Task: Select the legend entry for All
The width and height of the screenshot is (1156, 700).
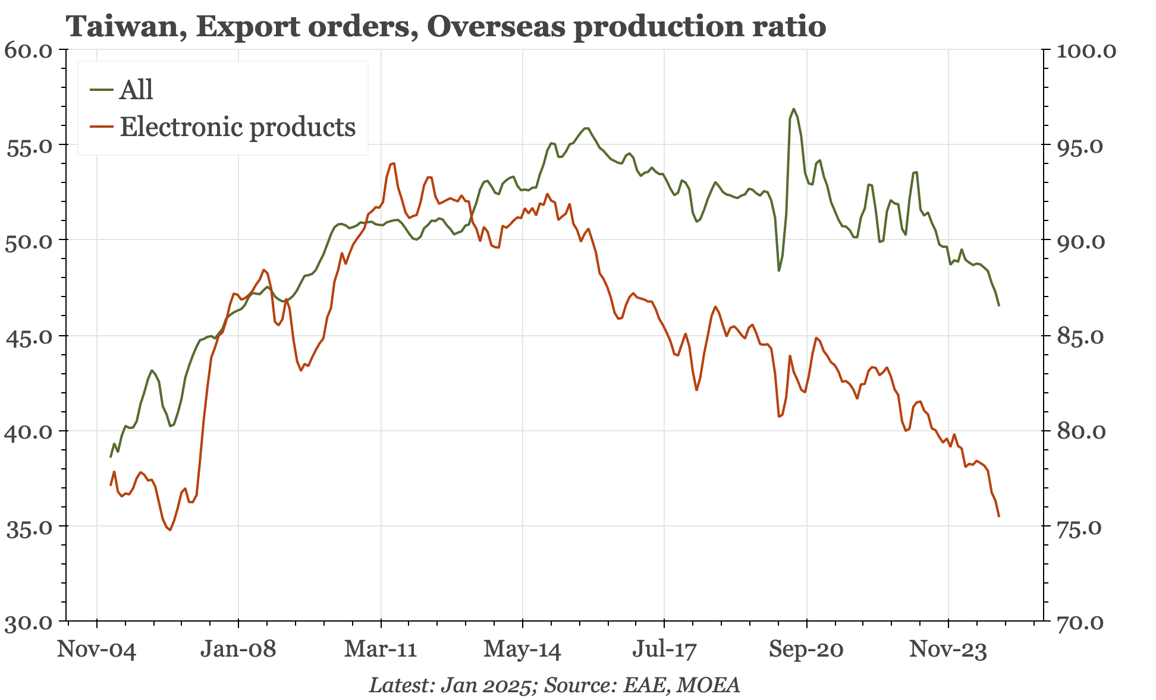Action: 136,90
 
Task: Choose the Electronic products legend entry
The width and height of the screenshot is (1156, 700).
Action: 237,127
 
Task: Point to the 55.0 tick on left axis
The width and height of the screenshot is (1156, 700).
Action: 29,146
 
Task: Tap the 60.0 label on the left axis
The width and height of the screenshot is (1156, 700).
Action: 29,50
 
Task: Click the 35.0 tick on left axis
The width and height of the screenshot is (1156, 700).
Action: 29,527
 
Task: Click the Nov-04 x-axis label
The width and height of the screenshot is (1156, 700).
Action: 96,649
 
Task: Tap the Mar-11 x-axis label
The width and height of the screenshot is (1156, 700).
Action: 381,649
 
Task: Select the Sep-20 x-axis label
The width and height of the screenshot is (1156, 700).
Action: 806,649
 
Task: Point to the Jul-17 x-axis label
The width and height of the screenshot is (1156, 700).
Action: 664,649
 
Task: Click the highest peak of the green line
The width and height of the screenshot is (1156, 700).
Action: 794,109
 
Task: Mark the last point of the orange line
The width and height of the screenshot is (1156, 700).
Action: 999,516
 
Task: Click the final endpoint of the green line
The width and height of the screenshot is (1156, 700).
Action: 999,305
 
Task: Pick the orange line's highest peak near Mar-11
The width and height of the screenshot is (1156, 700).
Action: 394,163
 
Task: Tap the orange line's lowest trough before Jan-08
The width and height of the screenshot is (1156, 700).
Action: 170,529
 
